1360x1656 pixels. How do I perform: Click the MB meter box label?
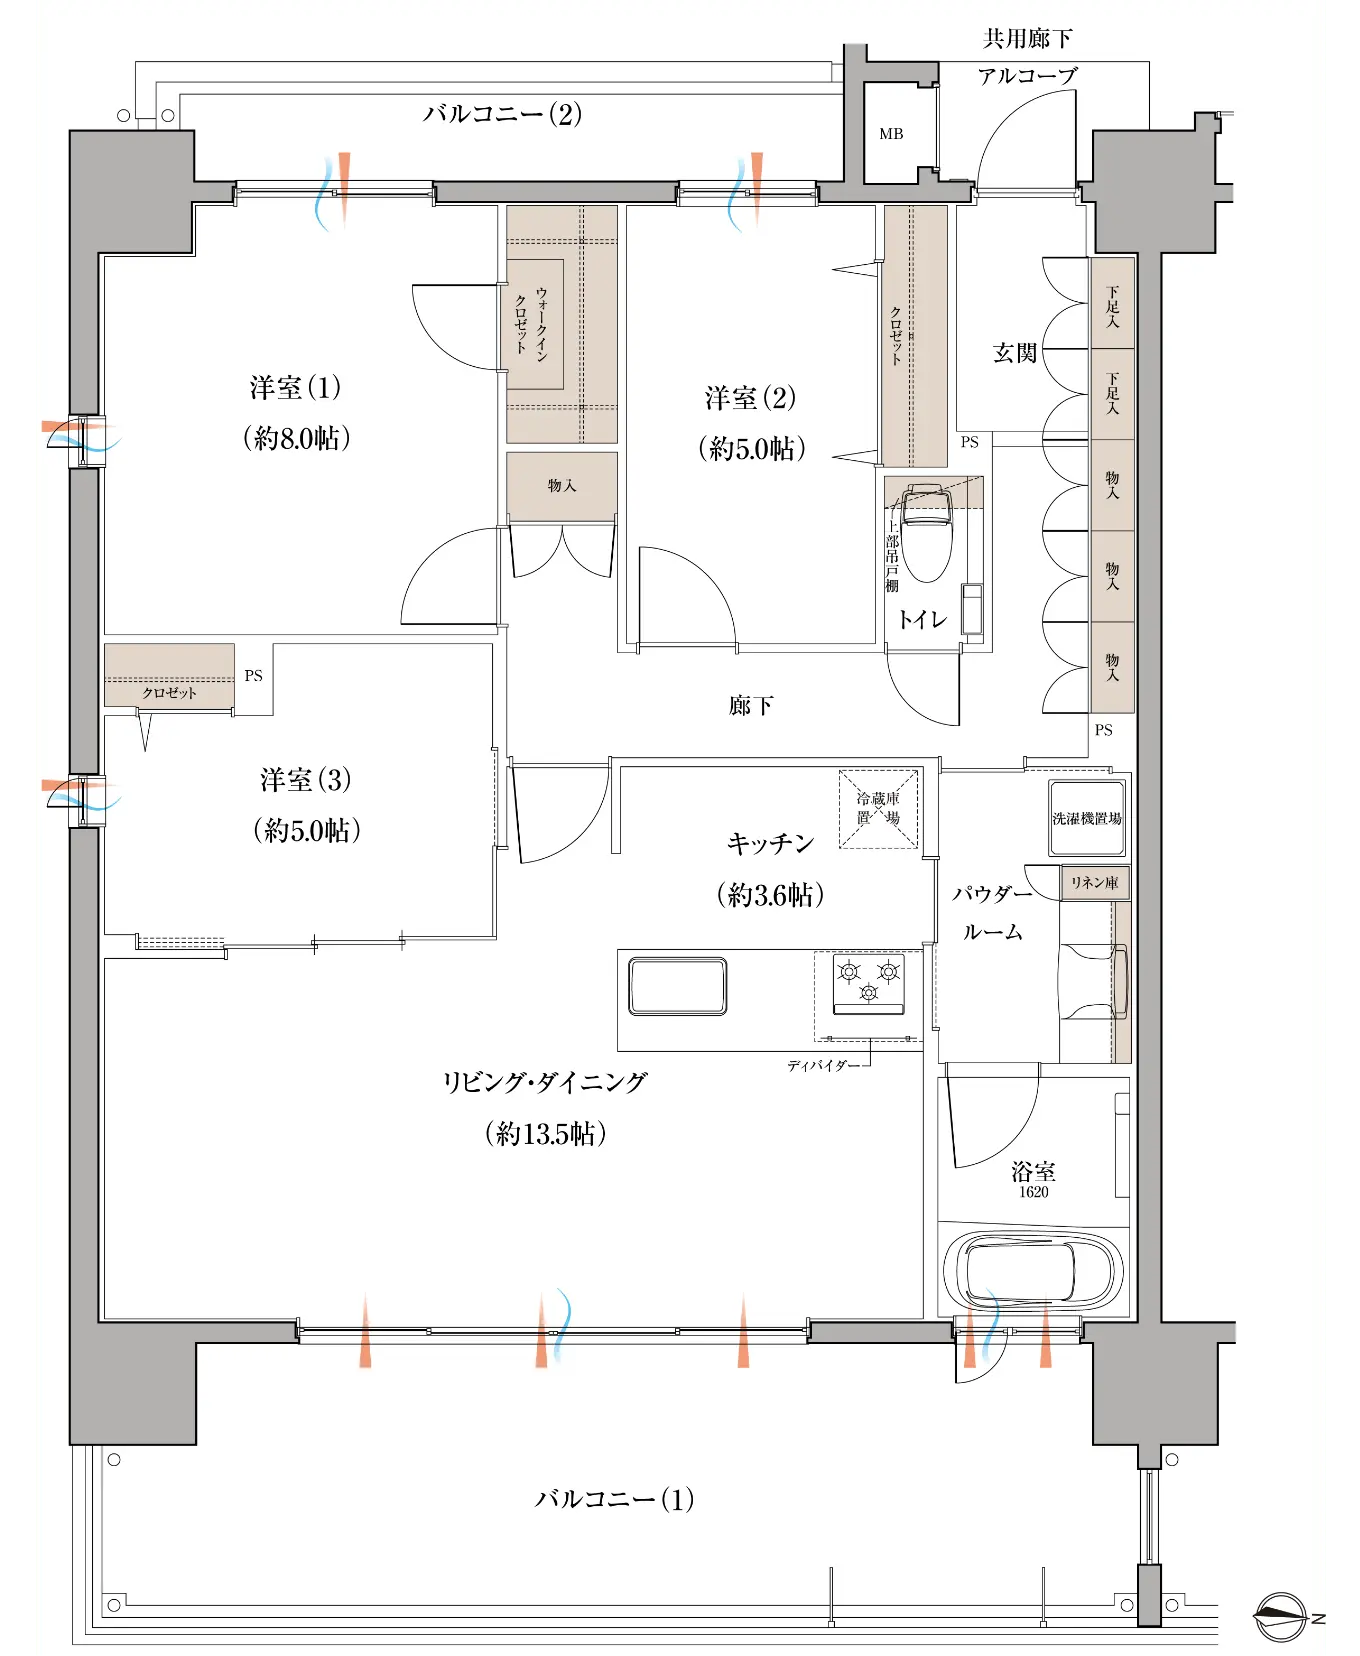click(x=891, y=134)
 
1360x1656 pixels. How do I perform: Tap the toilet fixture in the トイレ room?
click(x=927, y=532)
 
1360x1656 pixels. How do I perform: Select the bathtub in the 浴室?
click(x=1033, y=1272)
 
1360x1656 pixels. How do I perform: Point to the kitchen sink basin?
click(x=677, y=986)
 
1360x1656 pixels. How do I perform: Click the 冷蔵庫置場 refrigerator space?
click(x=878, y=808)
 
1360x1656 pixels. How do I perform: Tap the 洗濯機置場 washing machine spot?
click(x=1087, y=818)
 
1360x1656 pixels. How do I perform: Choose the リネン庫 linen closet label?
click(x=1094, y=882)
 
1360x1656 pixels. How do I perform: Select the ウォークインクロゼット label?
click(x=531, y=321)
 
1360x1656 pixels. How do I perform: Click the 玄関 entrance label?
click(x=1015, y=353)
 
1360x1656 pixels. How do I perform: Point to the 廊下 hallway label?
click(x=751, y=706)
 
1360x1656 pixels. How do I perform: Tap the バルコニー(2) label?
click(x=502, y=114)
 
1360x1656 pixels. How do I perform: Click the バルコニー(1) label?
click(x=614, y=1499)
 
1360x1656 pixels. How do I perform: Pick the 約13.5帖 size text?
click(x=546, y=1133)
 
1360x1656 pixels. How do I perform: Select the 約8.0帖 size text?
click(x=297, y=438)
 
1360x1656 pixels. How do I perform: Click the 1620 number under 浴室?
click(x=1034, y=1192)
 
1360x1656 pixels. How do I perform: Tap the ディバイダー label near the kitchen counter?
click(x=823, y=1066)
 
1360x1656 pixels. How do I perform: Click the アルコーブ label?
click(x=1028, y=76)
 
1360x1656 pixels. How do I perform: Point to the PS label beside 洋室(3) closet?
click(x=254, y=676)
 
